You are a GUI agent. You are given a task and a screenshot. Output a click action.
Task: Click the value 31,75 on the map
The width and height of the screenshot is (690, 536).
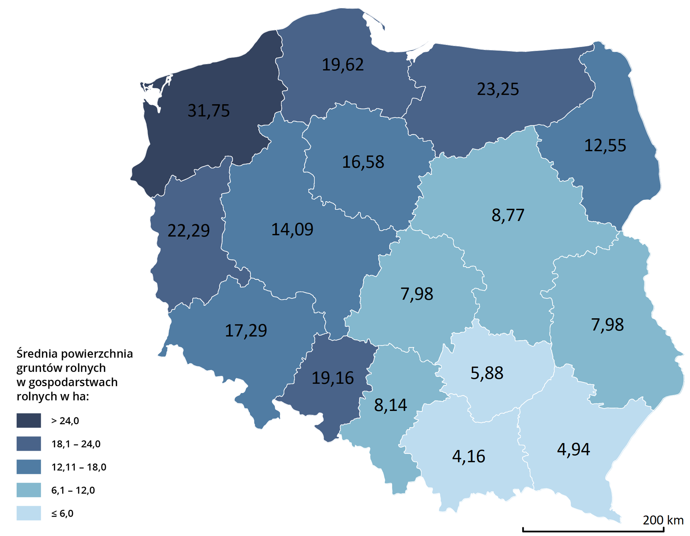click(x=208, y=111)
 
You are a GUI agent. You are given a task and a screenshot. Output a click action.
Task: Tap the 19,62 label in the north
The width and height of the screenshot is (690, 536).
click(x=342, y=65)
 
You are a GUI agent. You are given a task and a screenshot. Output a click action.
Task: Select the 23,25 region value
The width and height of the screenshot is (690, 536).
click(x=498, y=89)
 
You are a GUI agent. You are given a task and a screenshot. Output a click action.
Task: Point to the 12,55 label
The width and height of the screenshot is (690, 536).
click(x=605, y=146)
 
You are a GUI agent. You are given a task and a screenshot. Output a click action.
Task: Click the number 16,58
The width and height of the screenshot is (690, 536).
click(x=363, y=162)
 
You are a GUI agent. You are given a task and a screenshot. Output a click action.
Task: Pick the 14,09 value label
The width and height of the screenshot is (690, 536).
click(x=292, y=230)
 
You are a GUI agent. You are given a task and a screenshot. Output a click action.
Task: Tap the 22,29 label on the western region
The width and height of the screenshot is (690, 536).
click(x=188, y=231)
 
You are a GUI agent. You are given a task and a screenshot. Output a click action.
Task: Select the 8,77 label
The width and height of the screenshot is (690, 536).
click(x=508, y=216)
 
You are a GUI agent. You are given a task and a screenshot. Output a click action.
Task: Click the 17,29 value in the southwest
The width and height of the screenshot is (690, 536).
click(x=246, y=331)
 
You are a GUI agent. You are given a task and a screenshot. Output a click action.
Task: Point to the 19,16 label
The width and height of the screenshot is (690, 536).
click(x=332, y=378)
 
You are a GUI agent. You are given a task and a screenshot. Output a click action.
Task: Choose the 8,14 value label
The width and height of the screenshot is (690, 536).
click(x=390, y=405)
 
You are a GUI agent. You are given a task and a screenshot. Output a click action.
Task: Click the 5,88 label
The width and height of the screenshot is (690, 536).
click(x=487, y=373)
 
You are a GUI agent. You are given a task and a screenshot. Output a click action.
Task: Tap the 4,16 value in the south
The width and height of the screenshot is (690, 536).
click(x=468, y=457)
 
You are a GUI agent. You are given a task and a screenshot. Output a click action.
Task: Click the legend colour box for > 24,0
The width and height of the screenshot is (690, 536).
click(x=29, y=420)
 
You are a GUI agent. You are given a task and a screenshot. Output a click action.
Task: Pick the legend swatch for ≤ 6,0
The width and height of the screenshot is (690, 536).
click(x=29, y=513)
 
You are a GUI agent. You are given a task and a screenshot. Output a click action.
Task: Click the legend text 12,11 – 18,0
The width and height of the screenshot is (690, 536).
click(x=79, y=467)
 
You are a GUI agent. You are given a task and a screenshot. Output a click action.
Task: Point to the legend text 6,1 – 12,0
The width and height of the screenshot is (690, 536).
click(x=73, y=490)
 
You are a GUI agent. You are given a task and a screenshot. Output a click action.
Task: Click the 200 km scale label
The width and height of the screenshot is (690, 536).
click(x=663, y=520)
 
